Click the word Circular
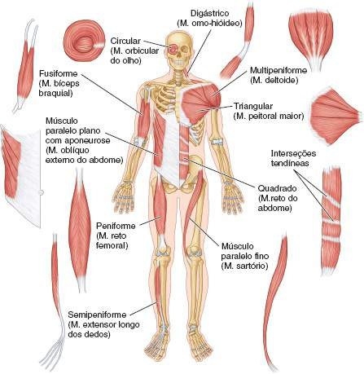coord(125,41)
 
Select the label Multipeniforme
coord(278,70)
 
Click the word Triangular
coord(253,106)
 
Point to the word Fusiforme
coord(59,73)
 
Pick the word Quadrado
coord(277,188)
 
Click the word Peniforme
coord(116,226)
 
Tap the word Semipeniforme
coord(97,315)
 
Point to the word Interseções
coord(293,153)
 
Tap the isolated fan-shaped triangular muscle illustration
coord(335,117)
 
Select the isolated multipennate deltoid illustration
coord(311,39)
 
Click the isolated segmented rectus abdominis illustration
coord(331,221)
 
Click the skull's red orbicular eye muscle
coord(173,49)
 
